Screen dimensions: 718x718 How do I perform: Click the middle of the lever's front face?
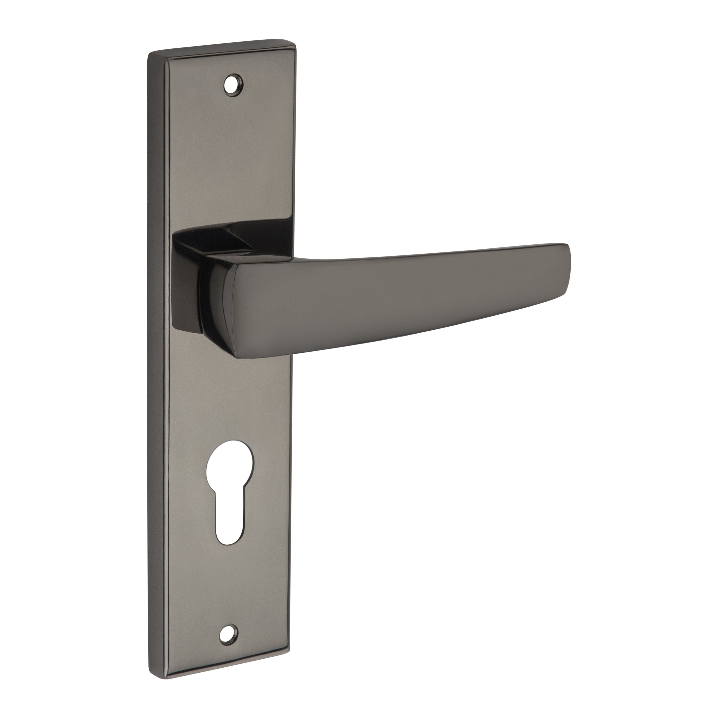390,294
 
